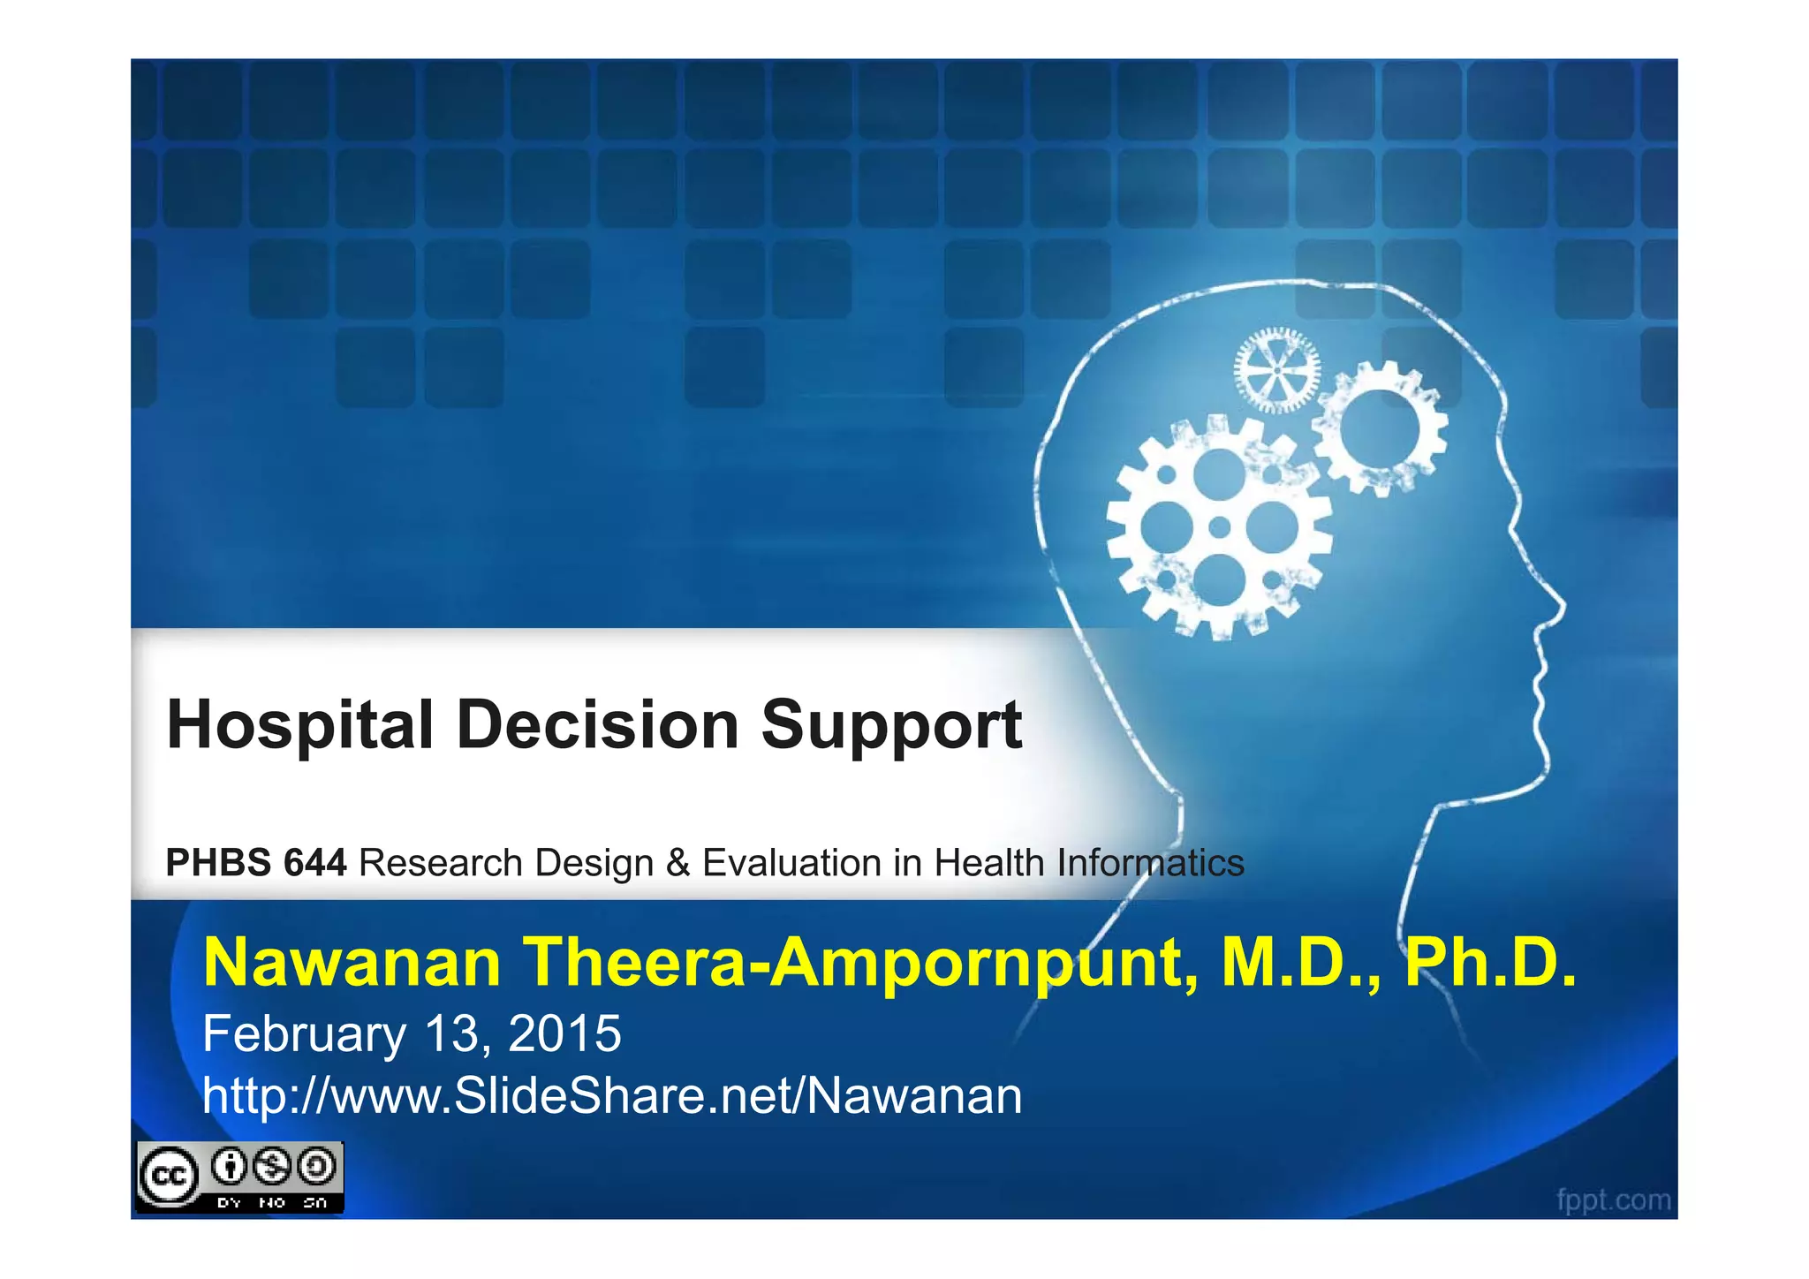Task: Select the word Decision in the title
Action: pos(597,725)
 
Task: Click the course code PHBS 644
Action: pos(256,863)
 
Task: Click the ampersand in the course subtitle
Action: pos(677,863)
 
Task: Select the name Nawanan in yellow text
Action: pos(352,962)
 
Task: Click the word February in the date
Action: pos(303,1034)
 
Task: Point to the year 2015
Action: pos(564,1033)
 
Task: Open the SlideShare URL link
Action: pos(612,1096)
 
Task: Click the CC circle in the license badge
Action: pos(168,1176)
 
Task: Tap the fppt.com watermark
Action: pos(1613,1200)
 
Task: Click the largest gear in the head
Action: pos(1219,527)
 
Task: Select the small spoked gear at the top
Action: pos(1276,371)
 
